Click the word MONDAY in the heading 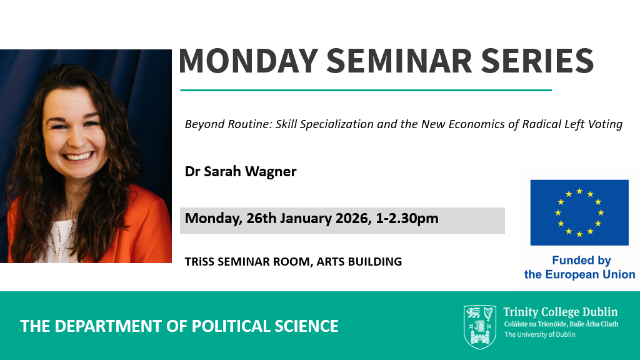tap(248, 61)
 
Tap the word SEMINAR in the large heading tap(399, 61)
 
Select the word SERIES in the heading tap(537, 61)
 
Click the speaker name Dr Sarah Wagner tap(241, 171)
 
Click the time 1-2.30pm tap(407, 219)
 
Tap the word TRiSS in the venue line tap(199, 262)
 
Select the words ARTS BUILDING tap(359, 262)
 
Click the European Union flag tap(579, 212)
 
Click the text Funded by tap(581, 261)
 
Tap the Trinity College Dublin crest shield tap(480, 327)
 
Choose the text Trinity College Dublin tap(561, 312)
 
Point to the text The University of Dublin tap(539, 335)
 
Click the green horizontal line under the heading tap(366, 90)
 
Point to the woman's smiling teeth tap(78, 156)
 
